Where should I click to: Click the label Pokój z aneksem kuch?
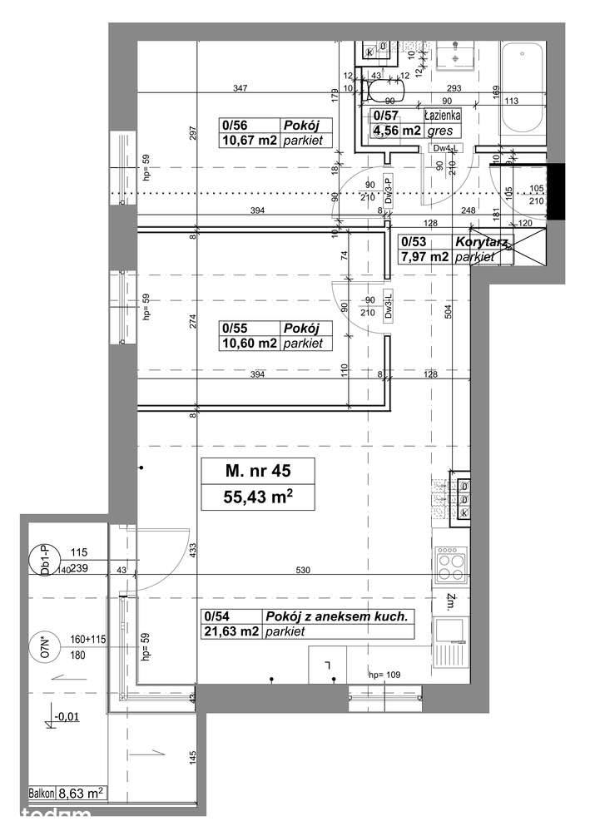click(x=337, y=616)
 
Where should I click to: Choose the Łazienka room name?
click(x=440, y=116)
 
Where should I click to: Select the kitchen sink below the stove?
click(x=452, y=634)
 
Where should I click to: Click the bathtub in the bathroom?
click(x=522, y=84)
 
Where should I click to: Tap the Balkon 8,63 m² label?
click(x=66, y=794)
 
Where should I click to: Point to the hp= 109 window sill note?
click(x=385, y=675)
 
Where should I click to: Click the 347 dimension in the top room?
click(x=242, y=88)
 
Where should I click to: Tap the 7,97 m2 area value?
click(x=424, y=257)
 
